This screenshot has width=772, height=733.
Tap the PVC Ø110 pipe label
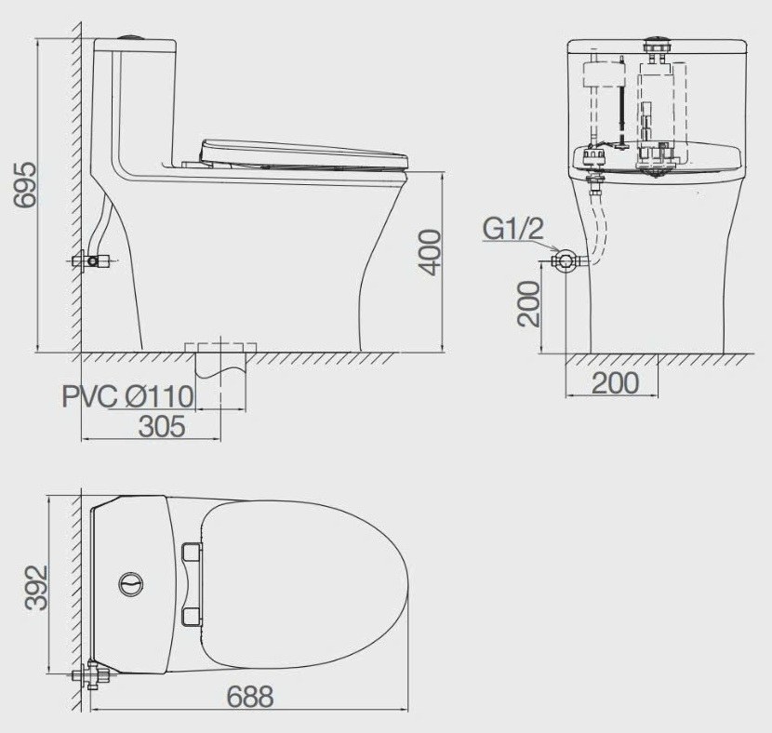coord(127,397)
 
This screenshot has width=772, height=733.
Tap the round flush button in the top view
coord(132,584)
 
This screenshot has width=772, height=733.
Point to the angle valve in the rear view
coord(564,260)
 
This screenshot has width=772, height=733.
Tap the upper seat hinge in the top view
coord(193,553)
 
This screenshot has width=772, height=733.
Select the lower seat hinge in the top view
coord(193,615)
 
